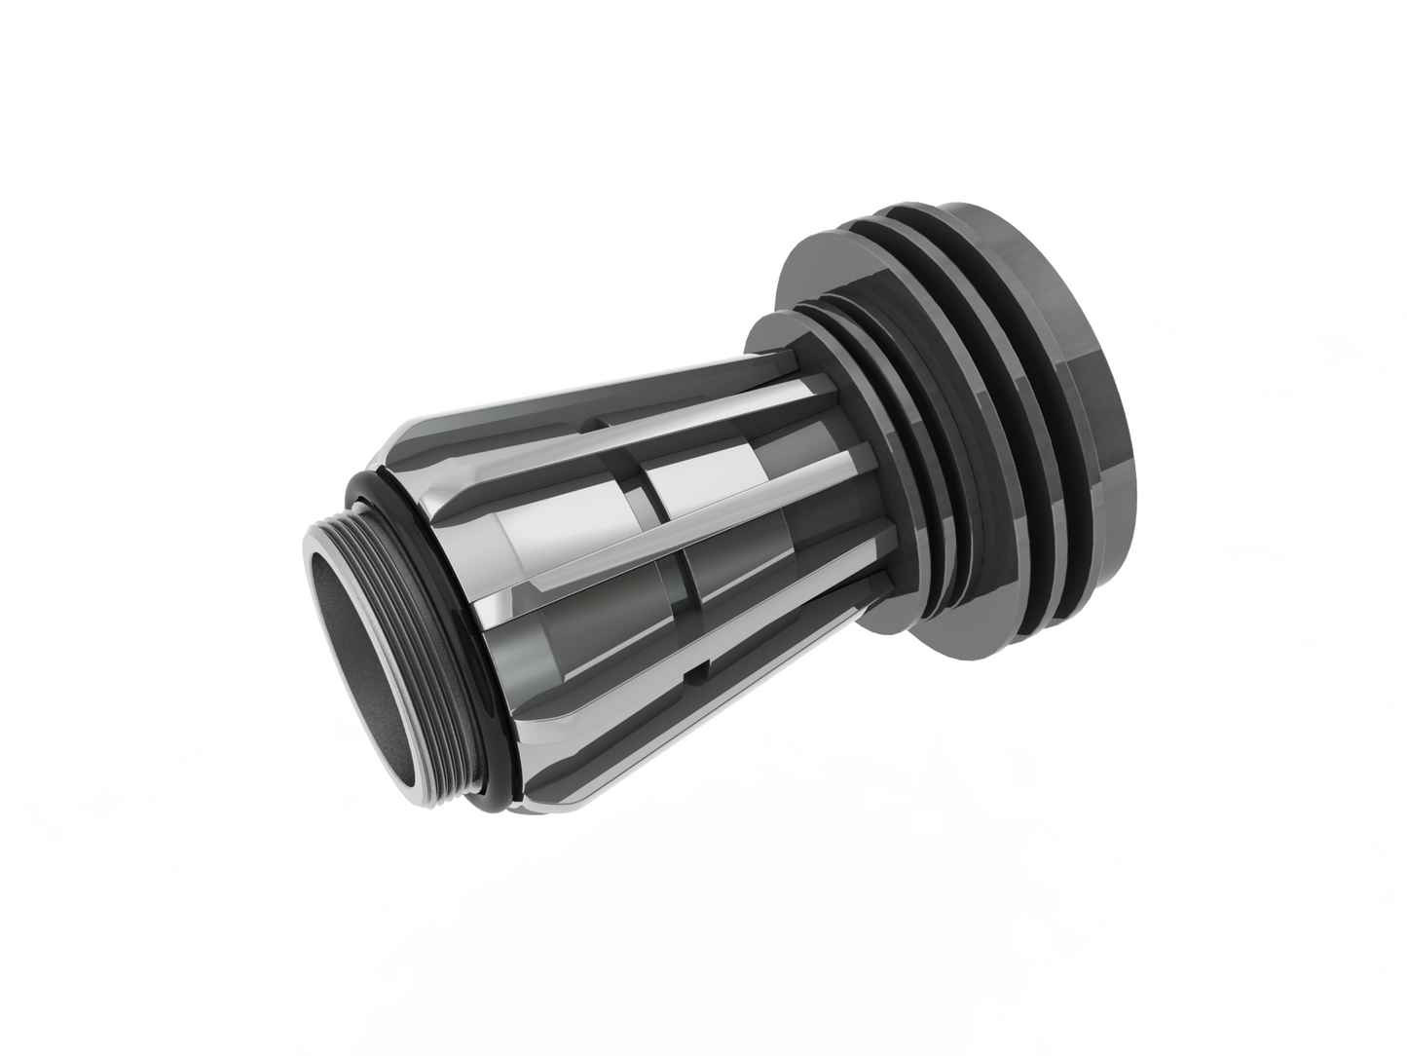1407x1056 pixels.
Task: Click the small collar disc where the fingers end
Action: point(769,336)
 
